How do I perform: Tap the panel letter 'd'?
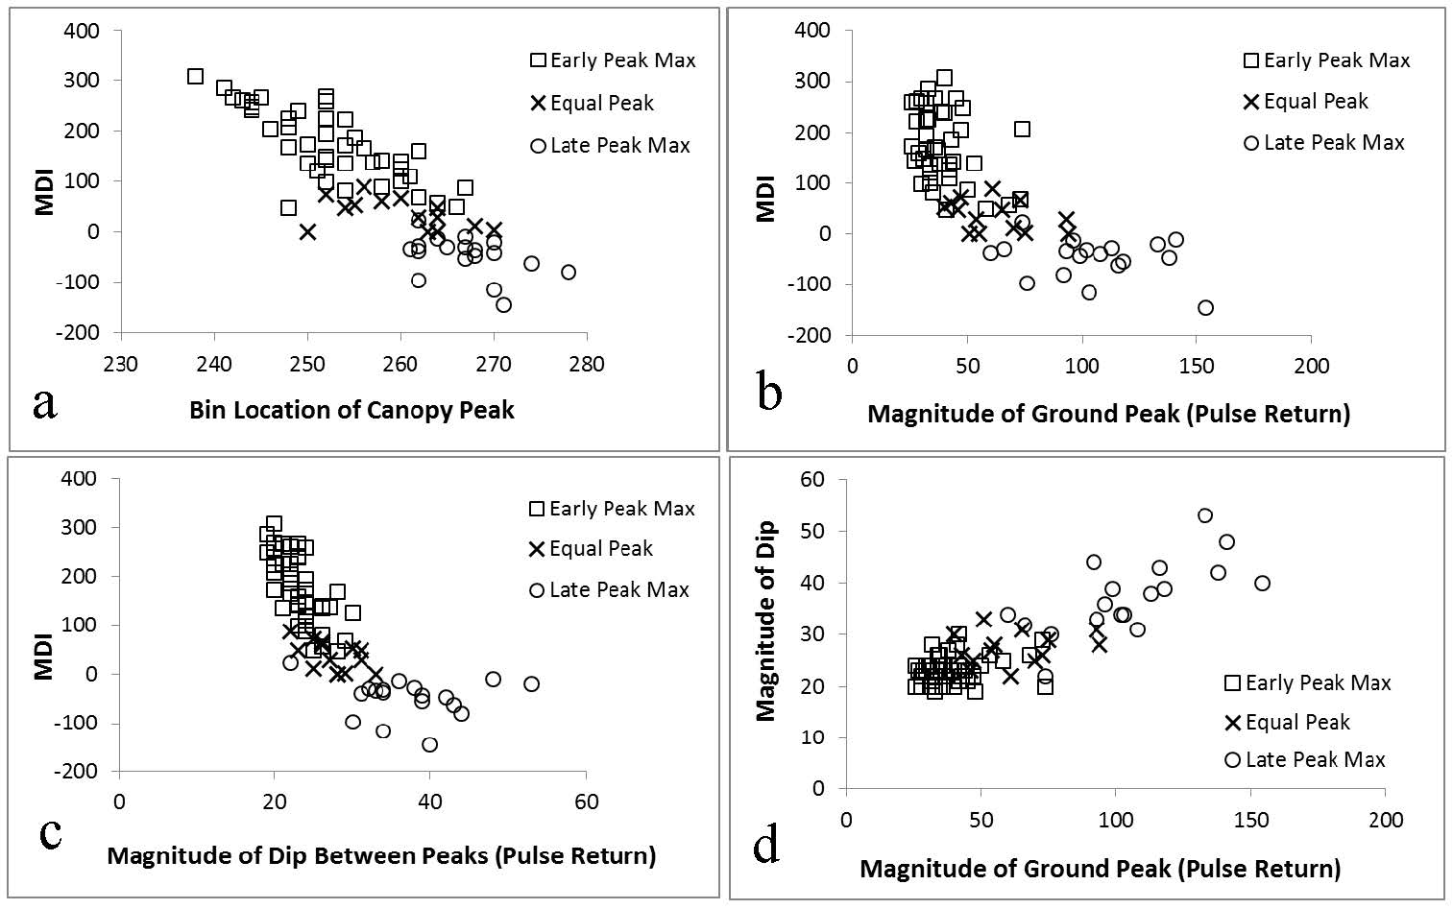click(766, 845)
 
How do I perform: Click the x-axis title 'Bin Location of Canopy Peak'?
click(351, 411)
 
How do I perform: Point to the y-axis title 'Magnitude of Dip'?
click(765, 622)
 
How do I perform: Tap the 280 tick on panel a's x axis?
click(586, 365)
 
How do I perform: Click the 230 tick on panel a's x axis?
click(121, 365)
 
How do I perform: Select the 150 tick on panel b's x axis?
click(1197, 367)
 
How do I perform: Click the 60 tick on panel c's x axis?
click(586, 801)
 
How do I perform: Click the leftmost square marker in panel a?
click(195, 76)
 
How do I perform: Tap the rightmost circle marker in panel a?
click(569, 273)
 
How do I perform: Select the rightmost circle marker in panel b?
click(1205, 308)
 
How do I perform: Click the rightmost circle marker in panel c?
click(531, 684)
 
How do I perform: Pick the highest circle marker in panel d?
click(1205, 515)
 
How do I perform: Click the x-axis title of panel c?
click(381, 855)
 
